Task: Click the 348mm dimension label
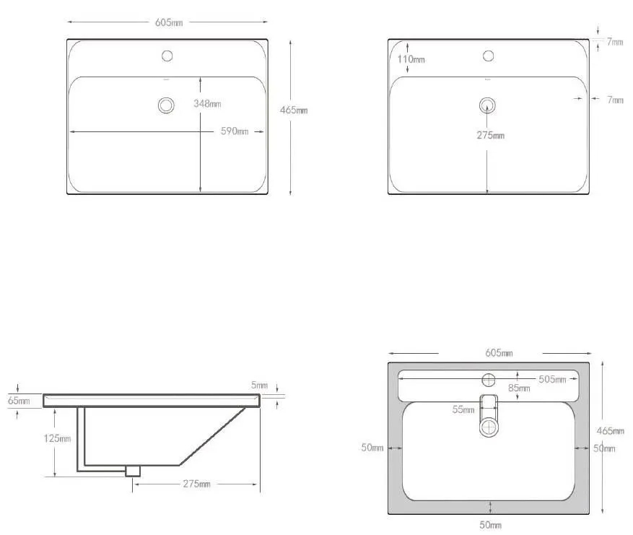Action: tap(207, 103)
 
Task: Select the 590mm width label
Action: tap(235, 131)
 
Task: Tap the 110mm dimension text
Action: tap(411, 59)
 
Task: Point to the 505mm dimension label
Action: tap(552, 379)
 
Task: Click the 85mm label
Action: tap(519, 388)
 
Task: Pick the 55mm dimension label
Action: tap(463, 409)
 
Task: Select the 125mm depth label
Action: tap(57, 438)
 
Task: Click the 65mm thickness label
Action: tap(19, 401)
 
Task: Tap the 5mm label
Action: tap(259, 385)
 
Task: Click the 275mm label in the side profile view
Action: tap(196, 483)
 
